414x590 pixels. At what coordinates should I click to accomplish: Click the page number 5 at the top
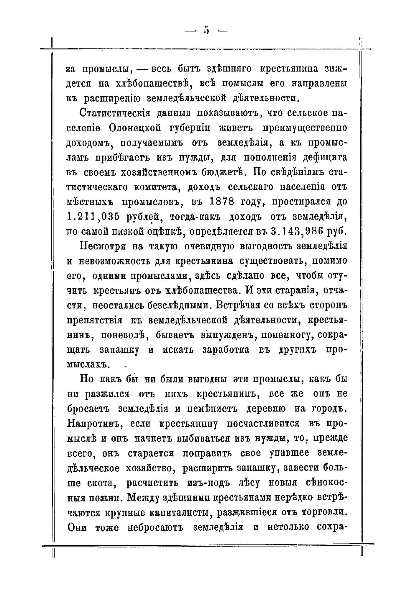(206, 30)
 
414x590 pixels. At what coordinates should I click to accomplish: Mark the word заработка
(226, 350)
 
